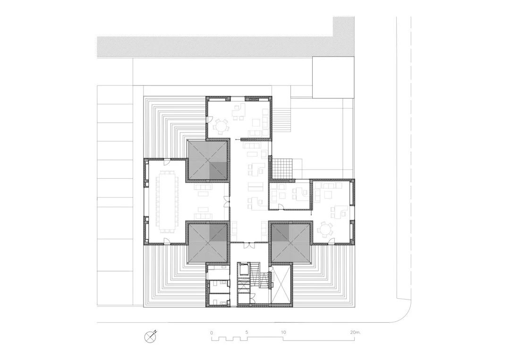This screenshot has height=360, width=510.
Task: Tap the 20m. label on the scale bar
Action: [x=355, y=332]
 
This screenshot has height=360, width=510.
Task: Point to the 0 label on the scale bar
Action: [x=212, y=332]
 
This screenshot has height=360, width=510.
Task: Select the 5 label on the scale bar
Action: [x=246, y=332]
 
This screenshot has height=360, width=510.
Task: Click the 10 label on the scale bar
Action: [x=283, y=332]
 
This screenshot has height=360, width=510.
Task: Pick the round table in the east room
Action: [x=326, y=230]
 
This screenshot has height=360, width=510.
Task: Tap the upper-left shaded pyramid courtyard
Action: [x=209, y=160]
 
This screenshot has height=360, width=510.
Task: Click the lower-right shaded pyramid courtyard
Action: [x=290, y=242]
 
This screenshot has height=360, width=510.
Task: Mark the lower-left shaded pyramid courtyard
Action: [x=209, y=243]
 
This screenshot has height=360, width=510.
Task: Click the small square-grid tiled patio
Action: [x=283, y=167]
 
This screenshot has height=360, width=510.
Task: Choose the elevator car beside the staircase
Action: [x=244, y=270]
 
